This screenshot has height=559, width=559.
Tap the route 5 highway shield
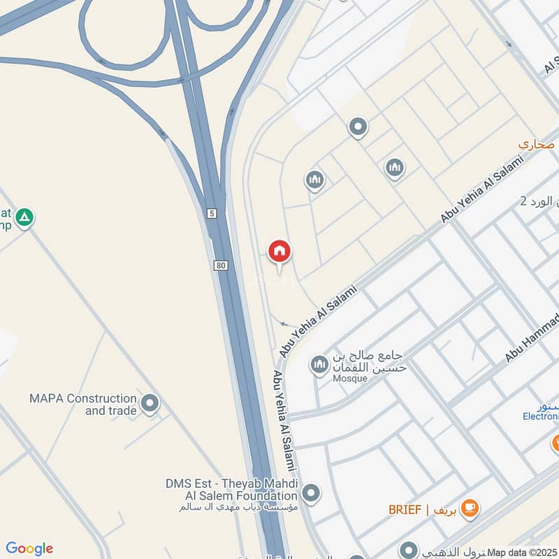click(x=211, y=212)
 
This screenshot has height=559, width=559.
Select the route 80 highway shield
click(x=220, y=265)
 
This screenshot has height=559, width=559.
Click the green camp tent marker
click(x=24, y=218)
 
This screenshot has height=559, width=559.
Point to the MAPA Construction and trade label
click(x=82, y=404)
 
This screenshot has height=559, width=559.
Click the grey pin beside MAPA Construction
click(x=150, y=403)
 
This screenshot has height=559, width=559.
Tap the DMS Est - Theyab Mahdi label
click(x=231, y=484)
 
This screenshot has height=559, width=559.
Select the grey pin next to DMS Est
click(x=312, y=492)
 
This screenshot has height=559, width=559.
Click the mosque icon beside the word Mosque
click(x=319, y=364)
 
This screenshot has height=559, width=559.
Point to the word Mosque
click(x=350, y=378)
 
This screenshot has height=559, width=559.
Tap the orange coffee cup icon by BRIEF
click(x=470, y=508)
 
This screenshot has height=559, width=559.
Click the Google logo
click(x=29, y=549)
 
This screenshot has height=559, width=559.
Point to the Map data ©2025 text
click(x=522, y=552)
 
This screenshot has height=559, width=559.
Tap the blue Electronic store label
click(x=541, y=416)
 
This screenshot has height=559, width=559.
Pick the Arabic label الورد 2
click(x=540, y=201)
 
